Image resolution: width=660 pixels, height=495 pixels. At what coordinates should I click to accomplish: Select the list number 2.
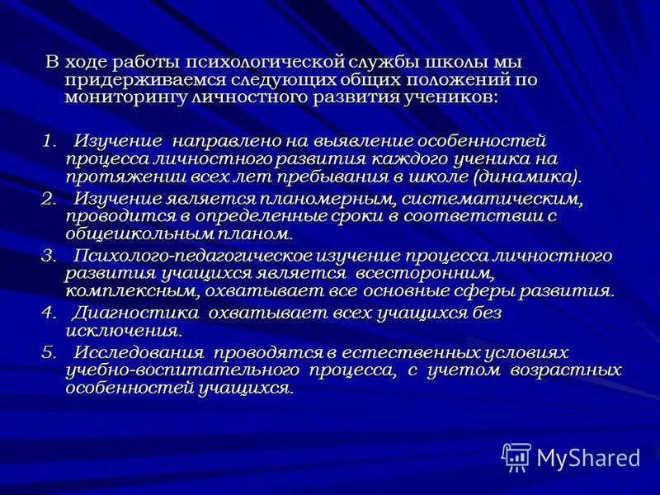coord(49,198)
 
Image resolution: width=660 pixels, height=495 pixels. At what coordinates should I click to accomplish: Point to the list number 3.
coord(49,256)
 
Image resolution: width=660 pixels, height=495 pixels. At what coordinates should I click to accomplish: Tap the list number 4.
coord(49,313)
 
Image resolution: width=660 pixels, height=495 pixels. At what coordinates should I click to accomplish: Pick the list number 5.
coord(49,352)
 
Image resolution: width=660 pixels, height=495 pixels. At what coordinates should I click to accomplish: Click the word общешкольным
coord(134,233)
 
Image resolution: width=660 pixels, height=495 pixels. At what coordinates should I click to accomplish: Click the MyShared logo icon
coord(516,456)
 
